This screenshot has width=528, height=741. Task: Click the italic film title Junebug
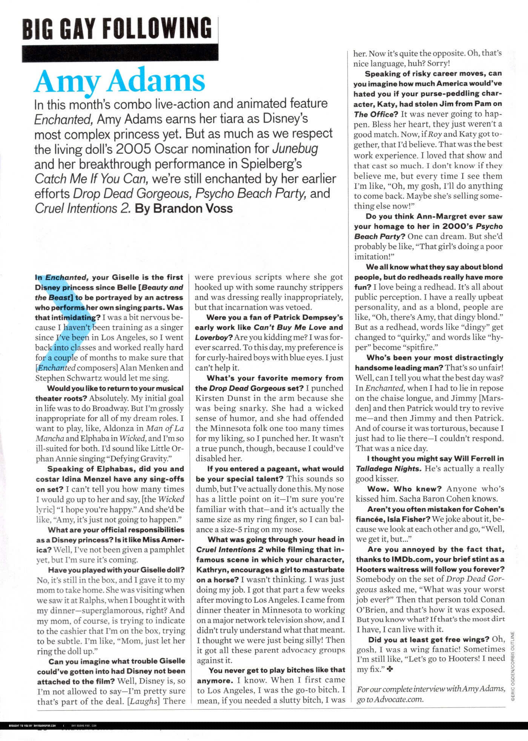point(295,149)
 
